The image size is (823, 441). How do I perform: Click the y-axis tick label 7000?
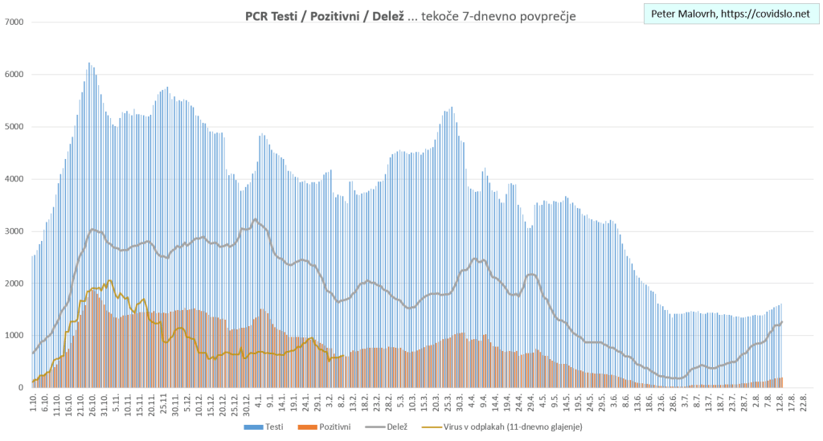[x=14, y=22]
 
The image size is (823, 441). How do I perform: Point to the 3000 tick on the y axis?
[x=14, y=231]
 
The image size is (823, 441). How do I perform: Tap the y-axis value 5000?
[x=14, y=127]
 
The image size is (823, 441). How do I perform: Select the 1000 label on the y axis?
[x=14, y=336]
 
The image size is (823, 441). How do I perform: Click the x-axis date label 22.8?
[x=805, y=401]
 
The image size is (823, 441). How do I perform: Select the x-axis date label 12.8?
[x=780, y=401]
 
